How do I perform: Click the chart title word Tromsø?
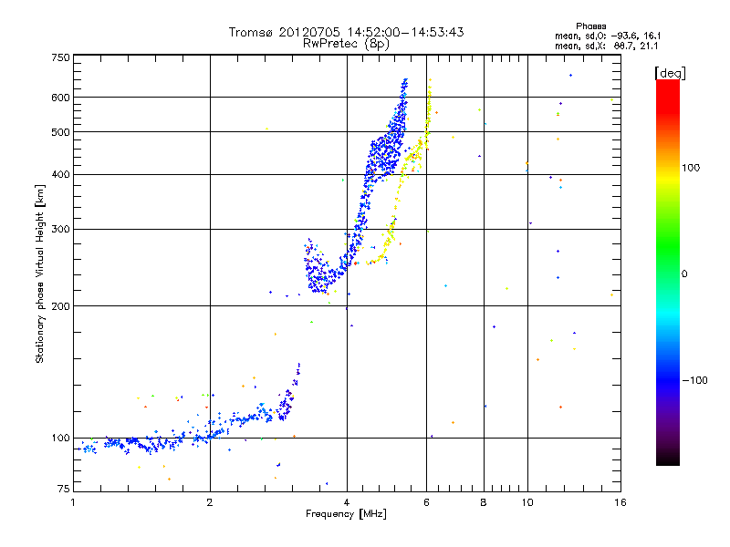[254, 32]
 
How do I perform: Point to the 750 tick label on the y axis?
[60, 57]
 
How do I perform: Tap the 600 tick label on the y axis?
[60, 98]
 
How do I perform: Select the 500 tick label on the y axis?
[60, 132]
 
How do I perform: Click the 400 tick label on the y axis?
[60, 175]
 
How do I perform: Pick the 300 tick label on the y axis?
[60, 230]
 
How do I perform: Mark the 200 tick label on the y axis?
[60, 306]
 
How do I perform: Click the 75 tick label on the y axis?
[63, 490]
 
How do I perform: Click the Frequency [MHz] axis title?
[347, 515]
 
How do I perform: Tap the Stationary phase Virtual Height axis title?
[40, 273]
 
